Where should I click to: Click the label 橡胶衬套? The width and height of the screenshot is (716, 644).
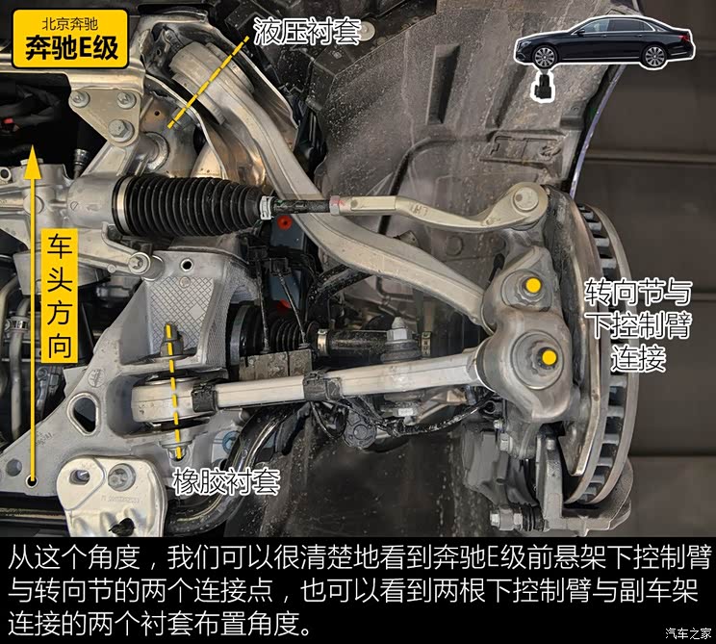226,480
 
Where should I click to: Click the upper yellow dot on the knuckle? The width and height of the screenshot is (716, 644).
531,285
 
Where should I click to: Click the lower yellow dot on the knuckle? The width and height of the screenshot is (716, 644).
548,358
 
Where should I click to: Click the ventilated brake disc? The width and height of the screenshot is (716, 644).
607,366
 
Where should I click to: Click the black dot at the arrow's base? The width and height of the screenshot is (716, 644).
33,482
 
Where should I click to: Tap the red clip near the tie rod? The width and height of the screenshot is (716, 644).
282,225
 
